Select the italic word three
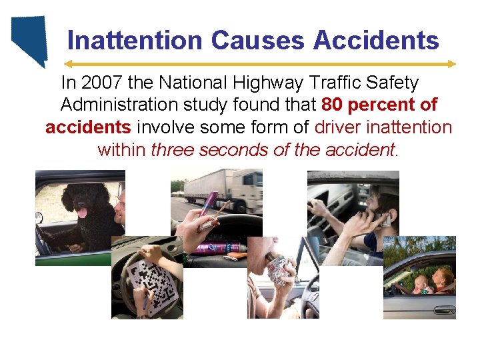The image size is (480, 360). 174,149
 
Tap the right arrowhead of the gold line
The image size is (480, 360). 453,64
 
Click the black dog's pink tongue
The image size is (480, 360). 82,213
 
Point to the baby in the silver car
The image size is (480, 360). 421,284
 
